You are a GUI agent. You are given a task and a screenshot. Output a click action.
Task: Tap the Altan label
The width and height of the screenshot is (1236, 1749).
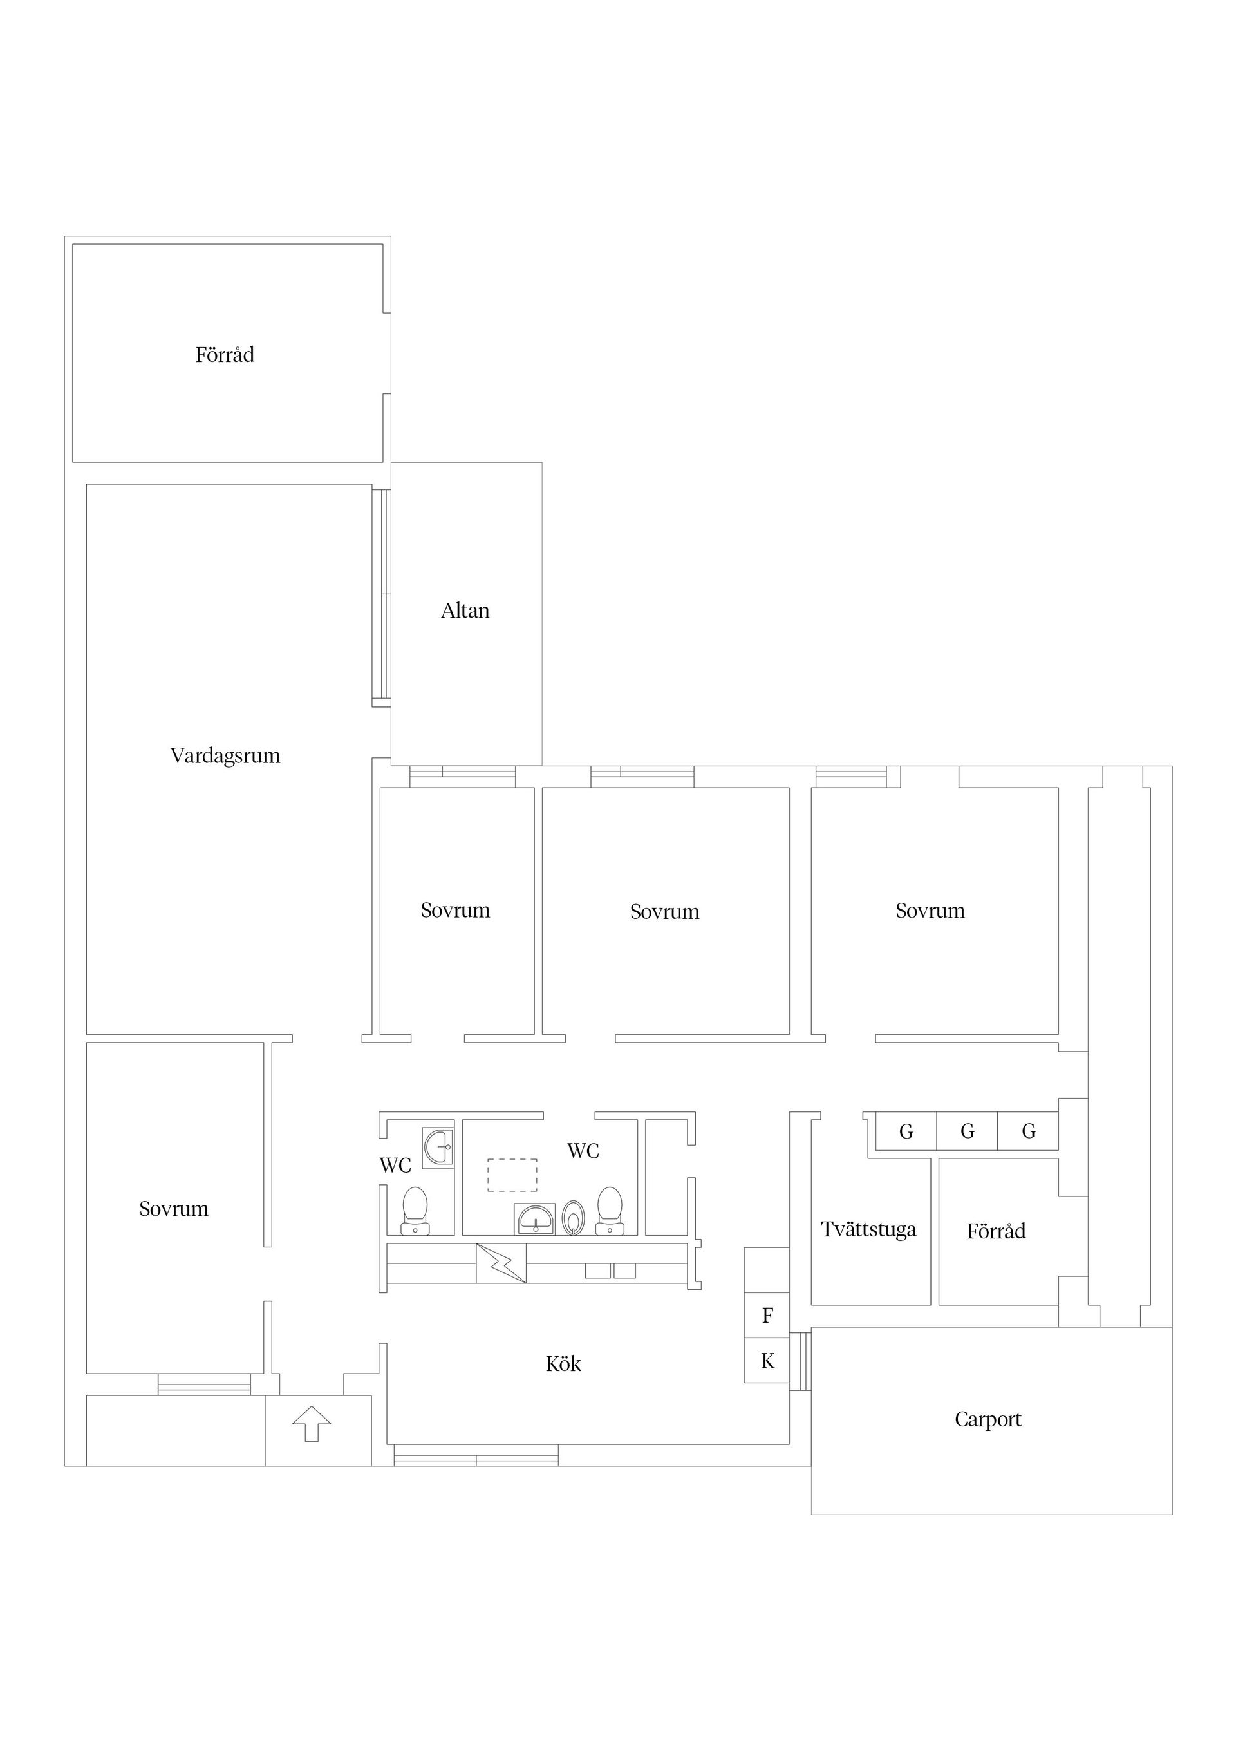pos(465,610)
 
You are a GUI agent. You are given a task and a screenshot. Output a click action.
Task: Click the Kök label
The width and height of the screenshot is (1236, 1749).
pos(563,1363)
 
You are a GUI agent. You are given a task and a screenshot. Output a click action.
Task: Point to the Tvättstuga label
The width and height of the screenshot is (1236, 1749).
pos(868,1229)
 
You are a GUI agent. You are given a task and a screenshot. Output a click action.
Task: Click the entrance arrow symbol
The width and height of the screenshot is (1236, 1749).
pos(312,1424)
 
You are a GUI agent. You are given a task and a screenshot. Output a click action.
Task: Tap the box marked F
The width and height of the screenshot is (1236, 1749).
pos(767,1315)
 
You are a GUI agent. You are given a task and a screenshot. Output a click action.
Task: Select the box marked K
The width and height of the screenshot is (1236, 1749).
pos(767,1361)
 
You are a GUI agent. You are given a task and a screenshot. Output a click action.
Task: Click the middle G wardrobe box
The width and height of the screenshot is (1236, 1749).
pos(967,1131)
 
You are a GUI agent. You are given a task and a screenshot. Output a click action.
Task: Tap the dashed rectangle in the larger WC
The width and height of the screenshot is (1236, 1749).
pos(512,1175)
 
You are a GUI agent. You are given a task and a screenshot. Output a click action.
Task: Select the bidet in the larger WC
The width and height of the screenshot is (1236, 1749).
pos(574,1217)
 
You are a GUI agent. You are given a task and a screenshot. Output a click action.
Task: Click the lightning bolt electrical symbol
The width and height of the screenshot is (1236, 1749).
pos(501,1263)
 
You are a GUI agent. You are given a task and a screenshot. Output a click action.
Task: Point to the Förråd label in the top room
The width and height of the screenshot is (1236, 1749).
pos(225,354)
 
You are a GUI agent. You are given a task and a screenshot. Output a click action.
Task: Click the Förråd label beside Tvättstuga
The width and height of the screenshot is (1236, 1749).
pos(996,1231)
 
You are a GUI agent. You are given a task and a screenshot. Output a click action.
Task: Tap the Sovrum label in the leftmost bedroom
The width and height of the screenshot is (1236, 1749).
pos(174,1209)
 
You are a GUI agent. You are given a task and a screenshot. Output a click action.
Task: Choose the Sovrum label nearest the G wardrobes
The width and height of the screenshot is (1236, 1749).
pos(930,911)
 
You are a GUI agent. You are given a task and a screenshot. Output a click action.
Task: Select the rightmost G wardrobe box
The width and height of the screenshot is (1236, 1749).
pos(1028,1131)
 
